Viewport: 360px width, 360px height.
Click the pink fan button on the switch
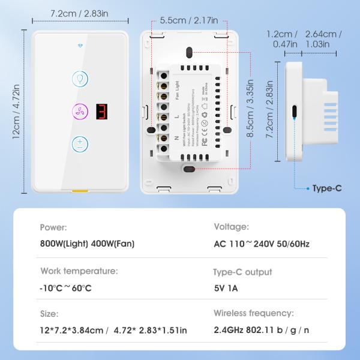pyautogui.click(x=80, y=112)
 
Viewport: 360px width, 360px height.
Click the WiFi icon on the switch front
pyautogui.click(x=80, y=45)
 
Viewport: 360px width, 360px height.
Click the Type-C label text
pyautogui.click(x=327, y=188)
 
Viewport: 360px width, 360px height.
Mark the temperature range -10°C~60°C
pyautogui.click(x=65, y=287)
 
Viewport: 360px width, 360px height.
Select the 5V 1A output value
pyautogui.click(x=226, y=287)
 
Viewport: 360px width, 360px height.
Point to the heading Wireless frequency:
pyautogui.click(x=254, y=313)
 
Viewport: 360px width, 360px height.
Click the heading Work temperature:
pyautogui.click(x=79, y=271)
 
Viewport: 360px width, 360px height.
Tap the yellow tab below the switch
pyautogui.click(x=79, y=192)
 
